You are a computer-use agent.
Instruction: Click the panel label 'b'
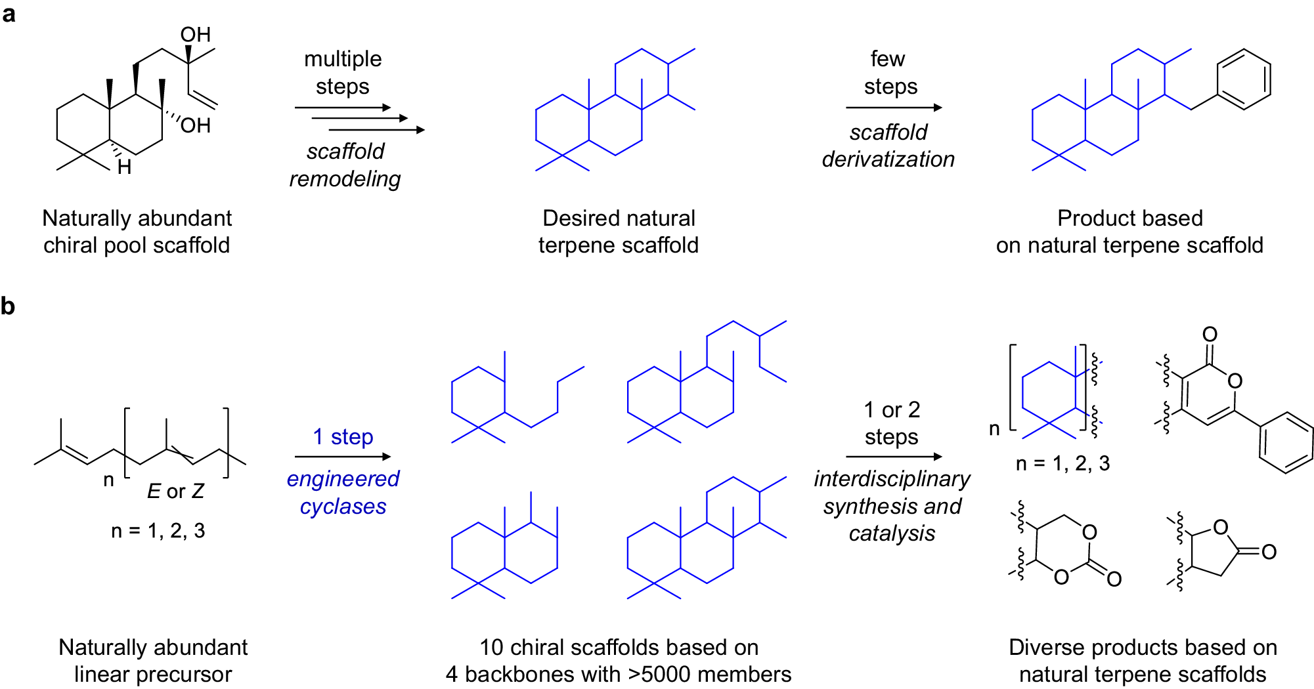(x=8, y=306)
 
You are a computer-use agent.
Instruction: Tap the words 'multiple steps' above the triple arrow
(x=342, y=72)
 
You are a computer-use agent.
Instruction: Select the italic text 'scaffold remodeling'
(x=345, y=165)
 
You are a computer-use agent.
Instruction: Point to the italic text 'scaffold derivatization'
(x=888, y=146)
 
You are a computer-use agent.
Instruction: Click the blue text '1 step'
(x=343, y=436)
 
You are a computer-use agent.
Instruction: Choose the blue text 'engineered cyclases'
(x=343, y=492)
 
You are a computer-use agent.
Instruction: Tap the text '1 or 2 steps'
(x=891, y=423)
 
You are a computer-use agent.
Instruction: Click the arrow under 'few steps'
(x=893, y=108)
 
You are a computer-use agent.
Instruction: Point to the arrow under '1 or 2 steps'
(x=893, y=457)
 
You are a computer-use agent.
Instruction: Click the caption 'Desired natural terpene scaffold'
(x=619, y=231)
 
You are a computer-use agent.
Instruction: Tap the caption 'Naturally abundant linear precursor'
(x=153, y=660)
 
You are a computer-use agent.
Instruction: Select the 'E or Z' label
(x=175, y=491)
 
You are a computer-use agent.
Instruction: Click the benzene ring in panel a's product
(x=1244, y=79)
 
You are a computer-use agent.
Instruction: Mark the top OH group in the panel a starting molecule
(x=196, y=35)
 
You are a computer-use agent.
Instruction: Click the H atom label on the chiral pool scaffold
(x=124, y=168)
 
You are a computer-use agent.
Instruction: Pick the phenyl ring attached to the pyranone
(x=1286, y=442)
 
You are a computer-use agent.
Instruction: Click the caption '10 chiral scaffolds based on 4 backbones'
(x=619, y=660)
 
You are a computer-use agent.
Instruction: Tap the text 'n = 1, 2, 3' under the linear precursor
(x=158, y=530)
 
